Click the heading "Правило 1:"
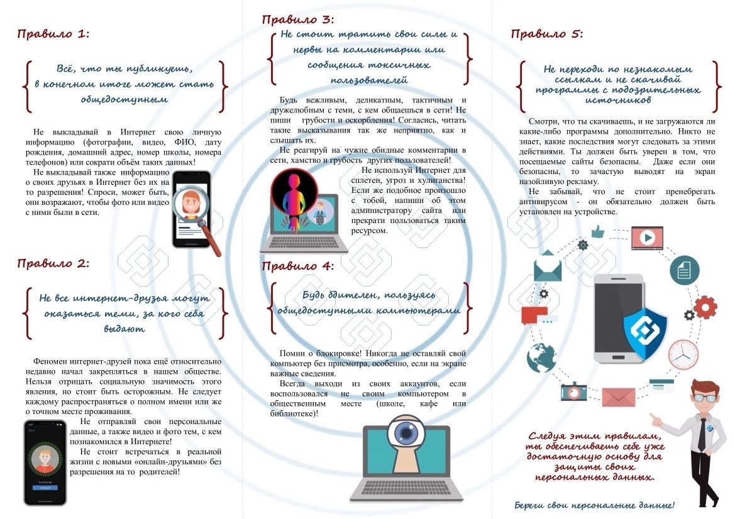(x=53, y=34)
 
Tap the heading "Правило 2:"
(x=53, y=263)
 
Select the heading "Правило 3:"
(x=298, y=19)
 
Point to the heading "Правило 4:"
(x=298, y=266)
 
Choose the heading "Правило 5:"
(x=546, y=34)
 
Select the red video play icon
(x=647, y=238)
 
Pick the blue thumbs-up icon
(x=598, y=231)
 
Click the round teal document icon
(x=684, y=270)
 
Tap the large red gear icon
(x=705, y=308)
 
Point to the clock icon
(x=683, y=354)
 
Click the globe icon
(x=541, y=358)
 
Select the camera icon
(x=574, y=391)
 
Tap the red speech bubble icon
(x=535, y=315)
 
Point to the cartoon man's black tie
(x=702, y=434)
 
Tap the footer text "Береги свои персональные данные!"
(x=594, y=505)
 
